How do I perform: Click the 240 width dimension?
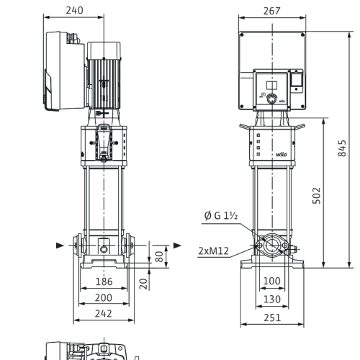pyautogui.click(x=74, y=10)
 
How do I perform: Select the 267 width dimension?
pyautogui.click(x=271, y=11)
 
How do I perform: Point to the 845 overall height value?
pyautogui.click(x=342, y=148)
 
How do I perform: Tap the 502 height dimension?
pyautogui.click(x=317, y=196)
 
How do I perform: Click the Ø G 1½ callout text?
pyautogui.click(x=221, y=215)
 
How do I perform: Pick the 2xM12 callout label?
pyautogui.click(x=214, y=251)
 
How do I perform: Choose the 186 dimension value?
pyautogui.click(x=104, y=282)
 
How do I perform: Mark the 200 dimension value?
pyautogui.click(x=104, y=297)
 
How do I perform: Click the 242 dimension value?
pyautogui.click(x=104, y=313)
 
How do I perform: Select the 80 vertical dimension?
pyautogui.click(x=159, y=256)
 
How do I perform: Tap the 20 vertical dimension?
pyautogui.click(x=143, y=284)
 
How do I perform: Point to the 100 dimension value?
pyautogui.click(x=271, y=281)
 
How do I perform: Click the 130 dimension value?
pyautogui.click(x=272, y=300)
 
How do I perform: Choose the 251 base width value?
pyautogui.click(x=272, y=318)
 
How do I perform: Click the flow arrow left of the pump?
pyautogui.click(x=60, y=246)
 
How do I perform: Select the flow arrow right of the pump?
pyautogui.click(x=177, y=246)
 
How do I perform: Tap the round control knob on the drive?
pyautogui.click(x=271, y=99)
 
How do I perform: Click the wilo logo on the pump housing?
pyautogui.click(x=281, y=154)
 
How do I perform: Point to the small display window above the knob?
pyautogui.click(x=271, y=85)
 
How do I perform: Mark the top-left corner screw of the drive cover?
pyautogui.click(x=242, y=35)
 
